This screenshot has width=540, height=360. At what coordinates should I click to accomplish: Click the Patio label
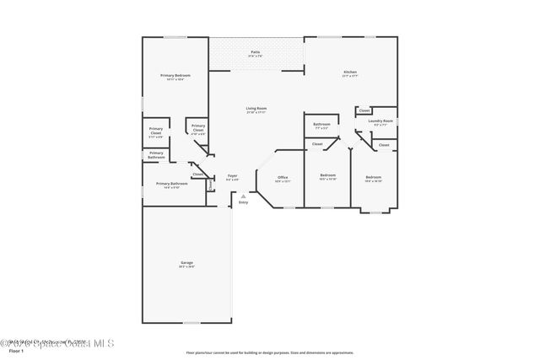coord(256,53)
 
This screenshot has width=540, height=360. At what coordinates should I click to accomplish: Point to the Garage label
coord(186,264)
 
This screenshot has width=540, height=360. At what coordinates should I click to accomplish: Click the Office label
coord(283,178)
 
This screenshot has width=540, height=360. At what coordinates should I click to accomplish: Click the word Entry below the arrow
coord(243,202)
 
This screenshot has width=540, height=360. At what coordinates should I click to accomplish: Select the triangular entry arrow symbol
coord(243,195)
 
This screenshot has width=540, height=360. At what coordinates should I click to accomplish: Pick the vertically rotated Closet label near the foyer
coord(210,185)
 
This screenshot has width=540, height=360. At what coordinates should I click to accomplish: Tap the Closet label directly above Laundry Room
coord(364,110)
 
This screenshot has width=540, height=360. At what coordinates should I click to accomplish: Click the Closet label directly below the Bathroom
coord(317,144)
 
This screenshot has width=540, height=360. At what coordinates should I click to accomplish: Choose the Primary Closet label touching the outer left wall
coord(156,133)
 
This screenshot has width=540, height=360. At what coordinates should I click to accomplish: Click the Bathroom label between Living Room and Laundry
coord(321,126)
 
